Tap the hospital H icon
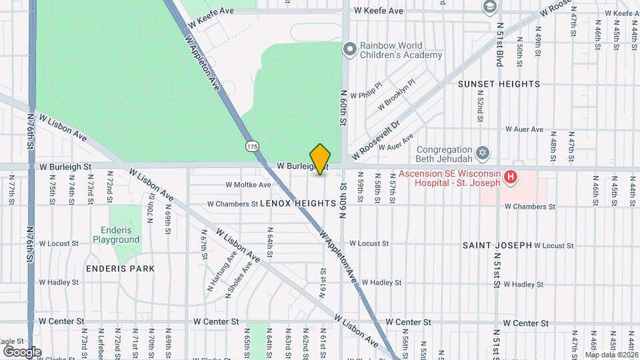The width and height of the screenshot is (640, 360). (x=511, y=177)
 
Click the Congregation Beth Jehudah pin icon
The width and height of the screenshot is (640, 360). (x=483, y=153)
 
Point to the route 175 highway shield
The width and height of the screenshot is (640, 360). (x=252, y=146)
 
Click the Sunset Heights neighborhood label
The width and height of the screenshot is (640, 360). (x=499, y=84)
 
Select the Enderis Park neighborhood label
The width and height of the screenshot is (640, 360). (x=120, y=269)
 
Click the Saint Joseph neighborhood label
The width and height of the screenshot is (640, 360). (x=497, y=245)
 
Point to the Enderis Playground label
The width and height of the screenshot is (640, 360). (x=116, y=234)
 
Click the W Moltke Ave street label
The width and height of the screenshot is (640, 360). (x=248, y=185)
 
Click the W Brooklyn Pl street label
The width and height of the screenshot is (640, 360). (x=396, y=95)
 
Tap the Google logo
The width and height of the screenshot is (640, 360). (x=22, y=351)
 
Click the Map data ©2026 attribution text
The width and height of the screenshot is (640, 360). (x=611, y=355)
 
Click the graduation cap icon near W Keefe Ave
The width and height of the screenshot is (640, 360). (x=489, y=7)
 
